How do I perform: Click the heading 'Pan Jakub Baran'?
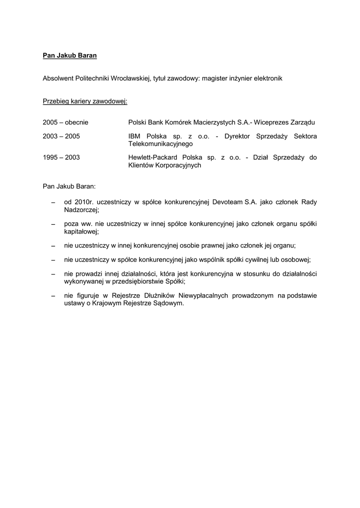pos(70,56)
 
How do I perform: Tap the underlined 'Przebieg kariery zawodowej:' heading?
pos(85,102)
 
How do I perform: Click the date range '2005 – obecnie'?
pos(66,122)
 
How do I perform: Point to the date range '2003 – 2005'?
pos(62,136)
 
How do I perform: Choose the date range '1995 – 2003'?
pos(62,157)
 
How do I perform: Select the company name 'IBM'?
pos(134,136)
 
